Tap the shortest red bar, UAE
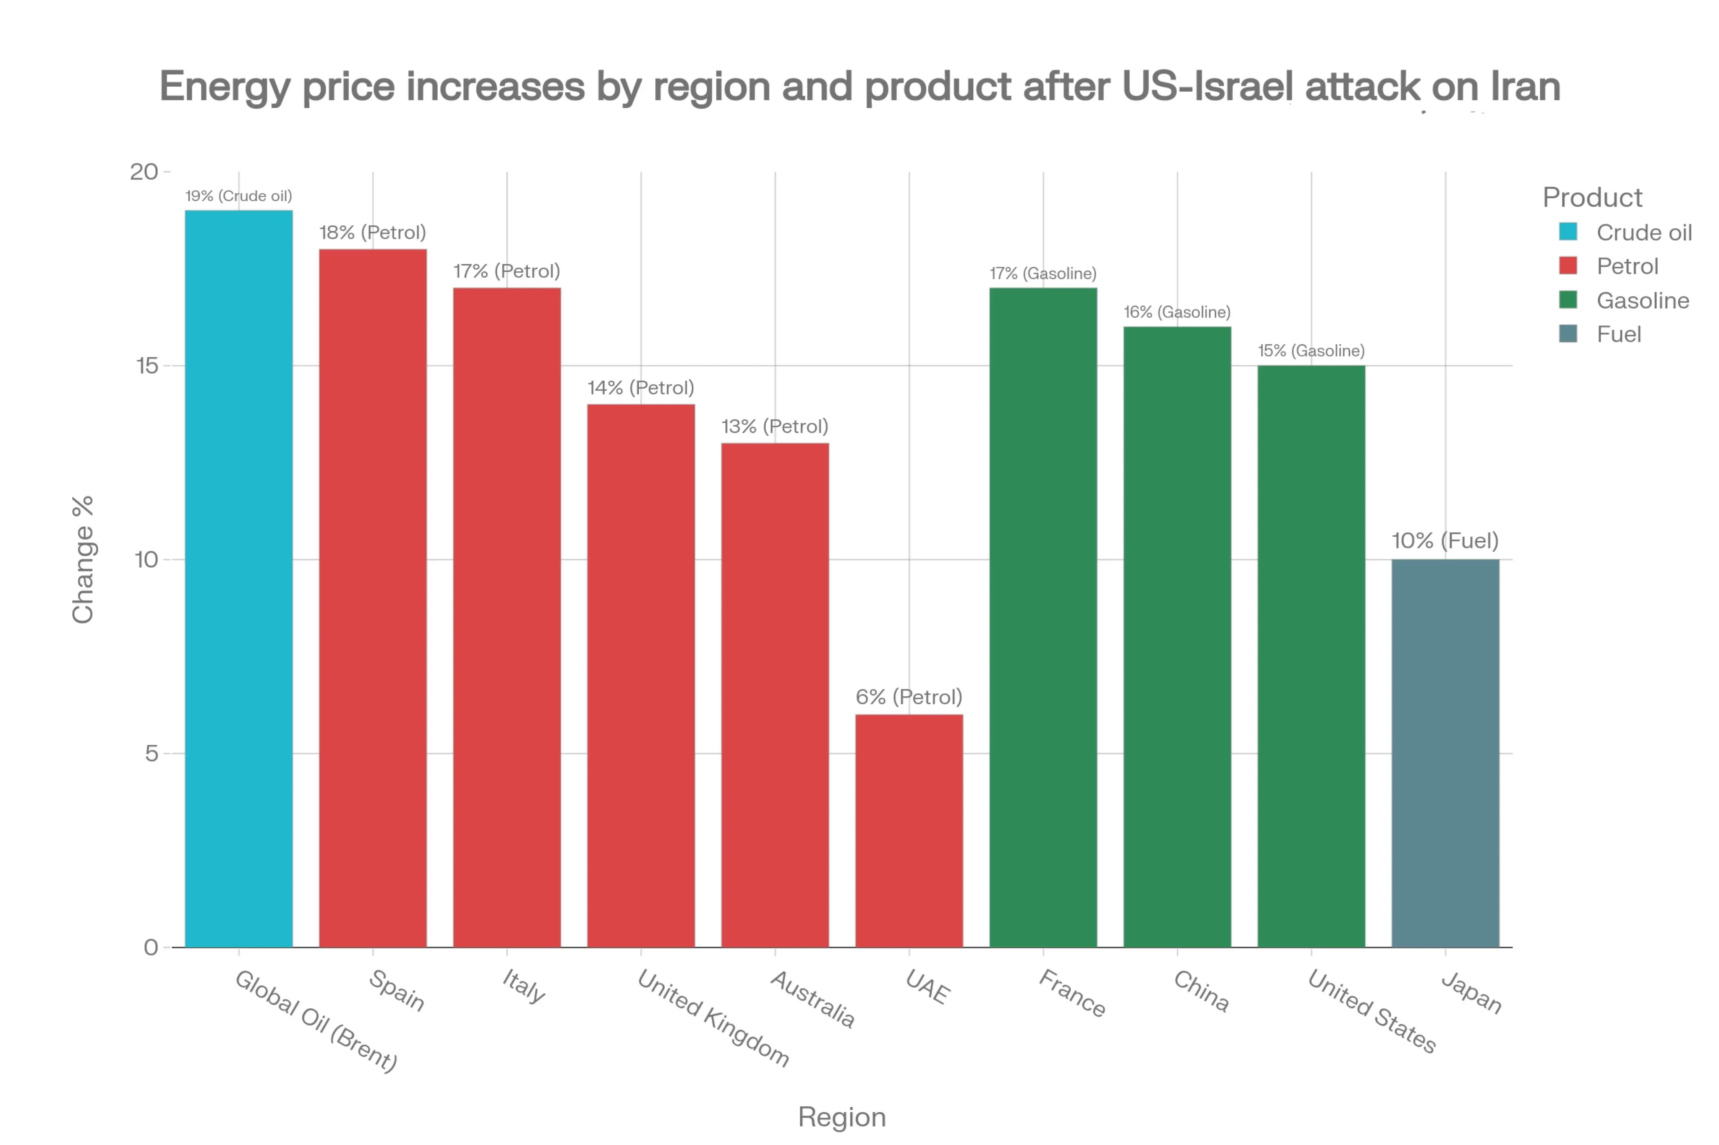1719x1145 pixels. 909,830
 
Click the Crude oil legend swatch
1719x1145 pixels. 1568,232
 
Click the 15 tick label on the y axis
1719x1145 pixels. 147,366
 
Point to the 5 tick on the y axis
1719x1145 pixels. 151,754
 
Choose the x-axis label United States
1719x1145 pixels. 1371,1011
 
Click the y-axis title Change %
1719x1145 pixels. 83,559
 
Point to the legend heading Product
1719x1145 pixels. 1592,197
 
